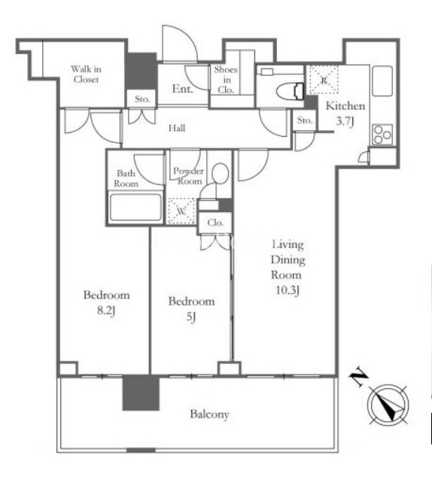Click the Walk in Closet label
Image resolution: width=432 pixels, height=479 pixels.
point(87,74)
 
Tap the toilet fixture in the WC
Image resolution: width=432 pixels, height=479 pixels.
point(290,91)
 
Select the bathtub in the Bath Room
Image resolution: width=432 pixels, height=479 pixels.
point(135,208)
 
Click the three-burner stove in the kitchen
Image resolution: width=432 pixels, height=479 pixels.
point(382,134)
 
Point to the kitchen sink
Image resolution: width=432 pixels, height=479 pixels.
point(382,81)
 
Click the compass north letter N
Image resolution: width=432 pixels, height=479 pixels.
point(359,377)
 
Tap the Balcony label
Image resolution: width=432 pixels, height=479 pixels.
point(209,414)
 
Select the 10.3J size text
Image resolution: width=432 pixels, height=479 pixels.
point(287,290)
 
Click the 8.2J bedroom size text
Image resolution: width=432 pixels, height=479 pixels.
point(106,311)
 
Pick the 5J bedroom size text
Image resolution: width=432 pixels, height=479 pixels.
point(191,317)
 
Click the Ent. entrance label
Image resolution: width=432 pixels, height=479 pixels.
point(183,89)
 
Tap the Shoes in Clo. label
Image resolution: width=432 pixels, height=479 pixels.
point(226,80)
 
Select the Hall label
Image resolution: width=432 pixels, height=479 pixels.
point(177,128)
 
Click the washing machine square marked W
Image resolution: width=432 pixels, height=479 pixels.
point(181,211)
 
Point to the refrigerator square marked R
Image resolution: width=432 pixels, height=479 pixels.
point(324,80)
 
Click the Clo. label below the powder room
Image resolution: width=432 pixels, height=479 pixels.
point(215,223)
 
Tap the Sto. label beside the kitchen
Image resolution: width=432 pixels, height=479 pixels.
point(305,120)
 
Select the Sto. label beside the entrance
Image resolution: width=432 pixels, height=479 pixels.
point(142,99)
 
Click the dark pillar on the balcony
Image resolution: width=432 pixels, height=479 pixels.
point(141,393)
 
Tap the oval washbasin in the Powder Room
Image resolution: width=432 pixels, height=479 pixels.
point(220,174)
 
